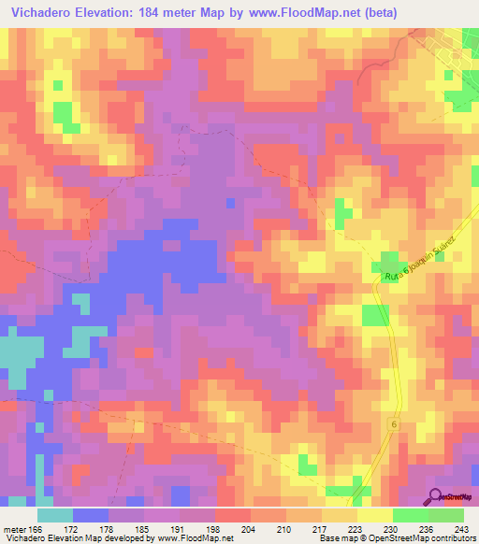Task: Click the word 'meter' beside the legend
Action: coord(15,530)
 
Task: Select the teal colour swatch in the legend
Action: coord(55,515)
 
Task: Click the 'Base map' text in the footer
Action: coord(337,539)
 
